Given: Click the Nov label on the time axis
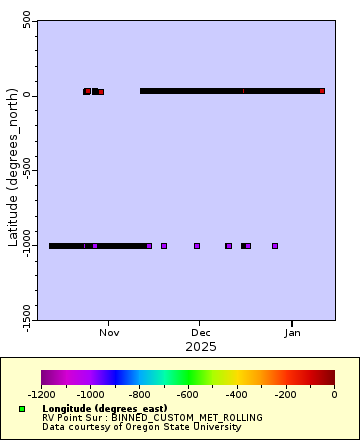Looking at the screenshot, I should [x=109, y=333].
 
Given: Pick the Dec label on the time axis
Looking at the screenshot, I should [x=201, y=333].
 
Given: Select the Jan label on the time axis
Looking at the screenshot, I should [x=292, y=333].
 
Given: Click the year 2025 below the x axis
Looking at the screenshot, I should [x=200, y=346].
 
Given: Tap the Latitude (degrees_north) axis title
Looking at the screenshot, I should [x=13, y=170].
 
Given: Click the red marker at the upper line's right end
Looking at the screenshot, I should [x=322, y=91].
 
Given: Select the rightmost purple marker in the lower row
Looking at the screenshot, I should [x=275, y=245].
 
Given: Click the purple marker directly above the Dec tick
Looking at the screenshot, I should [x=197, y=245].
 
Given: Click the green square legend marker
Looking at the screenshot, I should [x=21, y=409].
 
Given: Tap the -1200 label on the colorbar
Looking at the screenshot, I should [x=42, y=394].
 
